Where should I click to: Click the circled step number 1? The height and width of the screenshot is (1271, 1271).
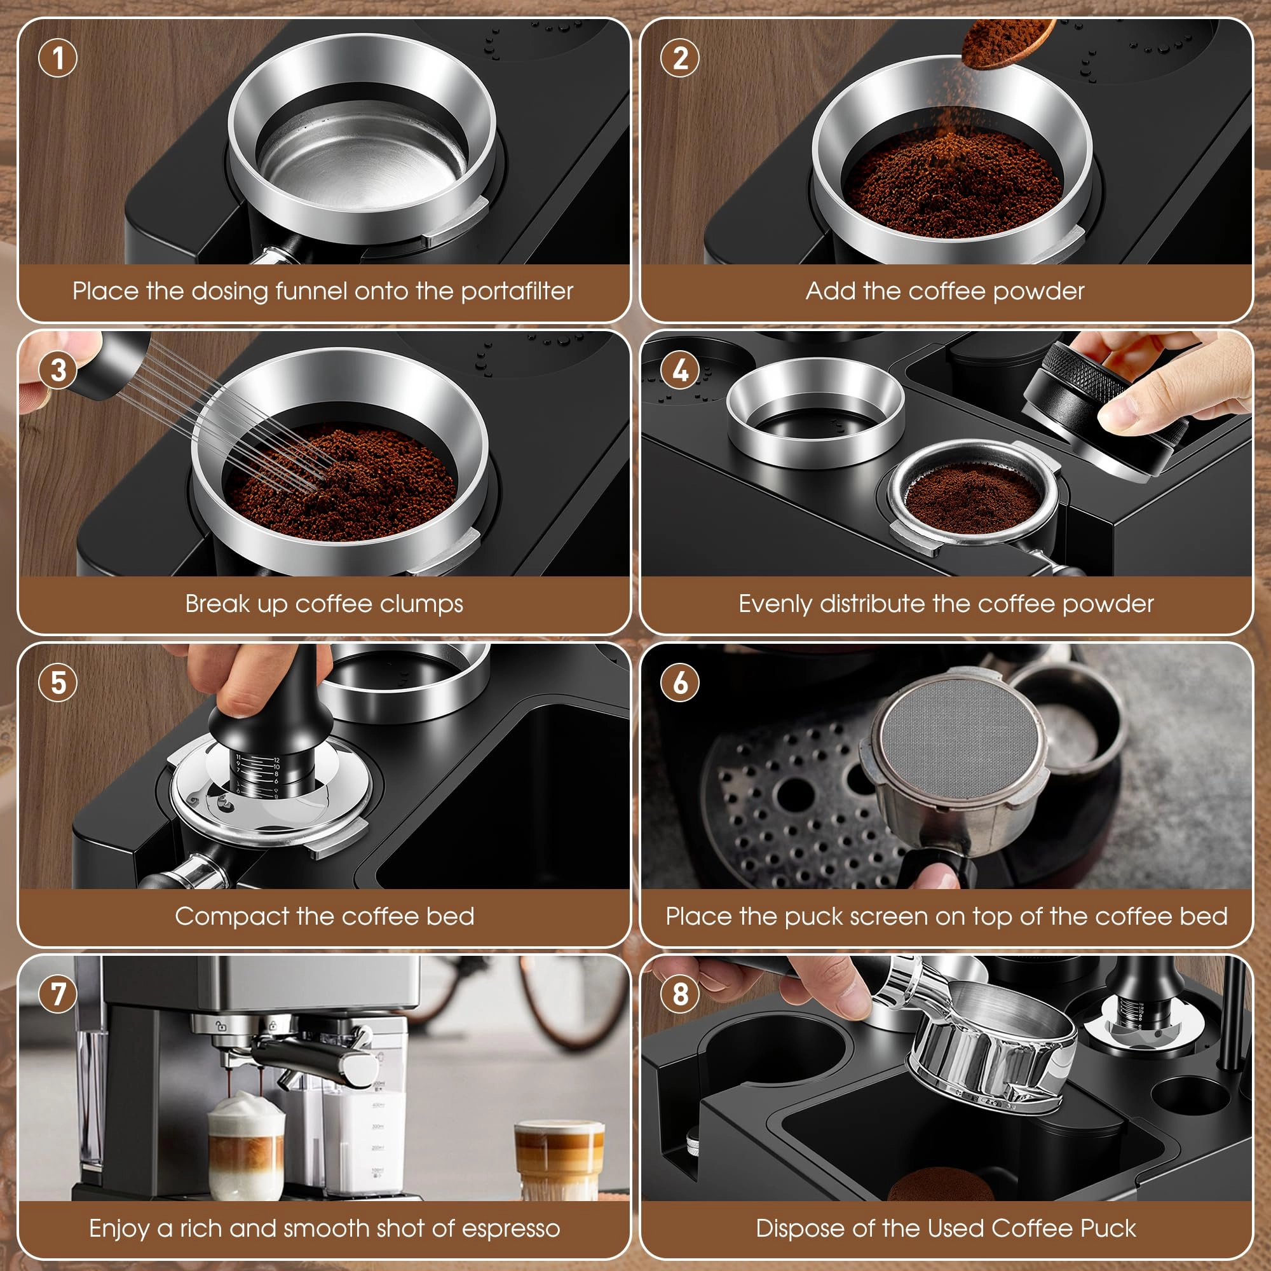click(x=58, y=58)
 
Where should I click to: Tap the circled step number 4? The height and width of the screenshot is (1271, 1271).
click(x=680, y=370)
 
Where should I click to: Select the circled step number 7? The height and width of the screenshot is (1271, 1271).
click(x=58, y=994)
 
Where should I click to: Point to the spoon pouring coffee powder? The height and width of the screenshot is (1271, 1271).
click(x=1003, y=41)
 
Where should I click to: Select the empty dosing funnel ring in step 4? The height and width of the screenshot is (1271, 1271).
click(x=816, y=411)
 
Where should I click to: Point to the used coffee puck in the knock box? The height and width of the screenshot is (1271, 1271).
click(x=941, y=1188)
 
